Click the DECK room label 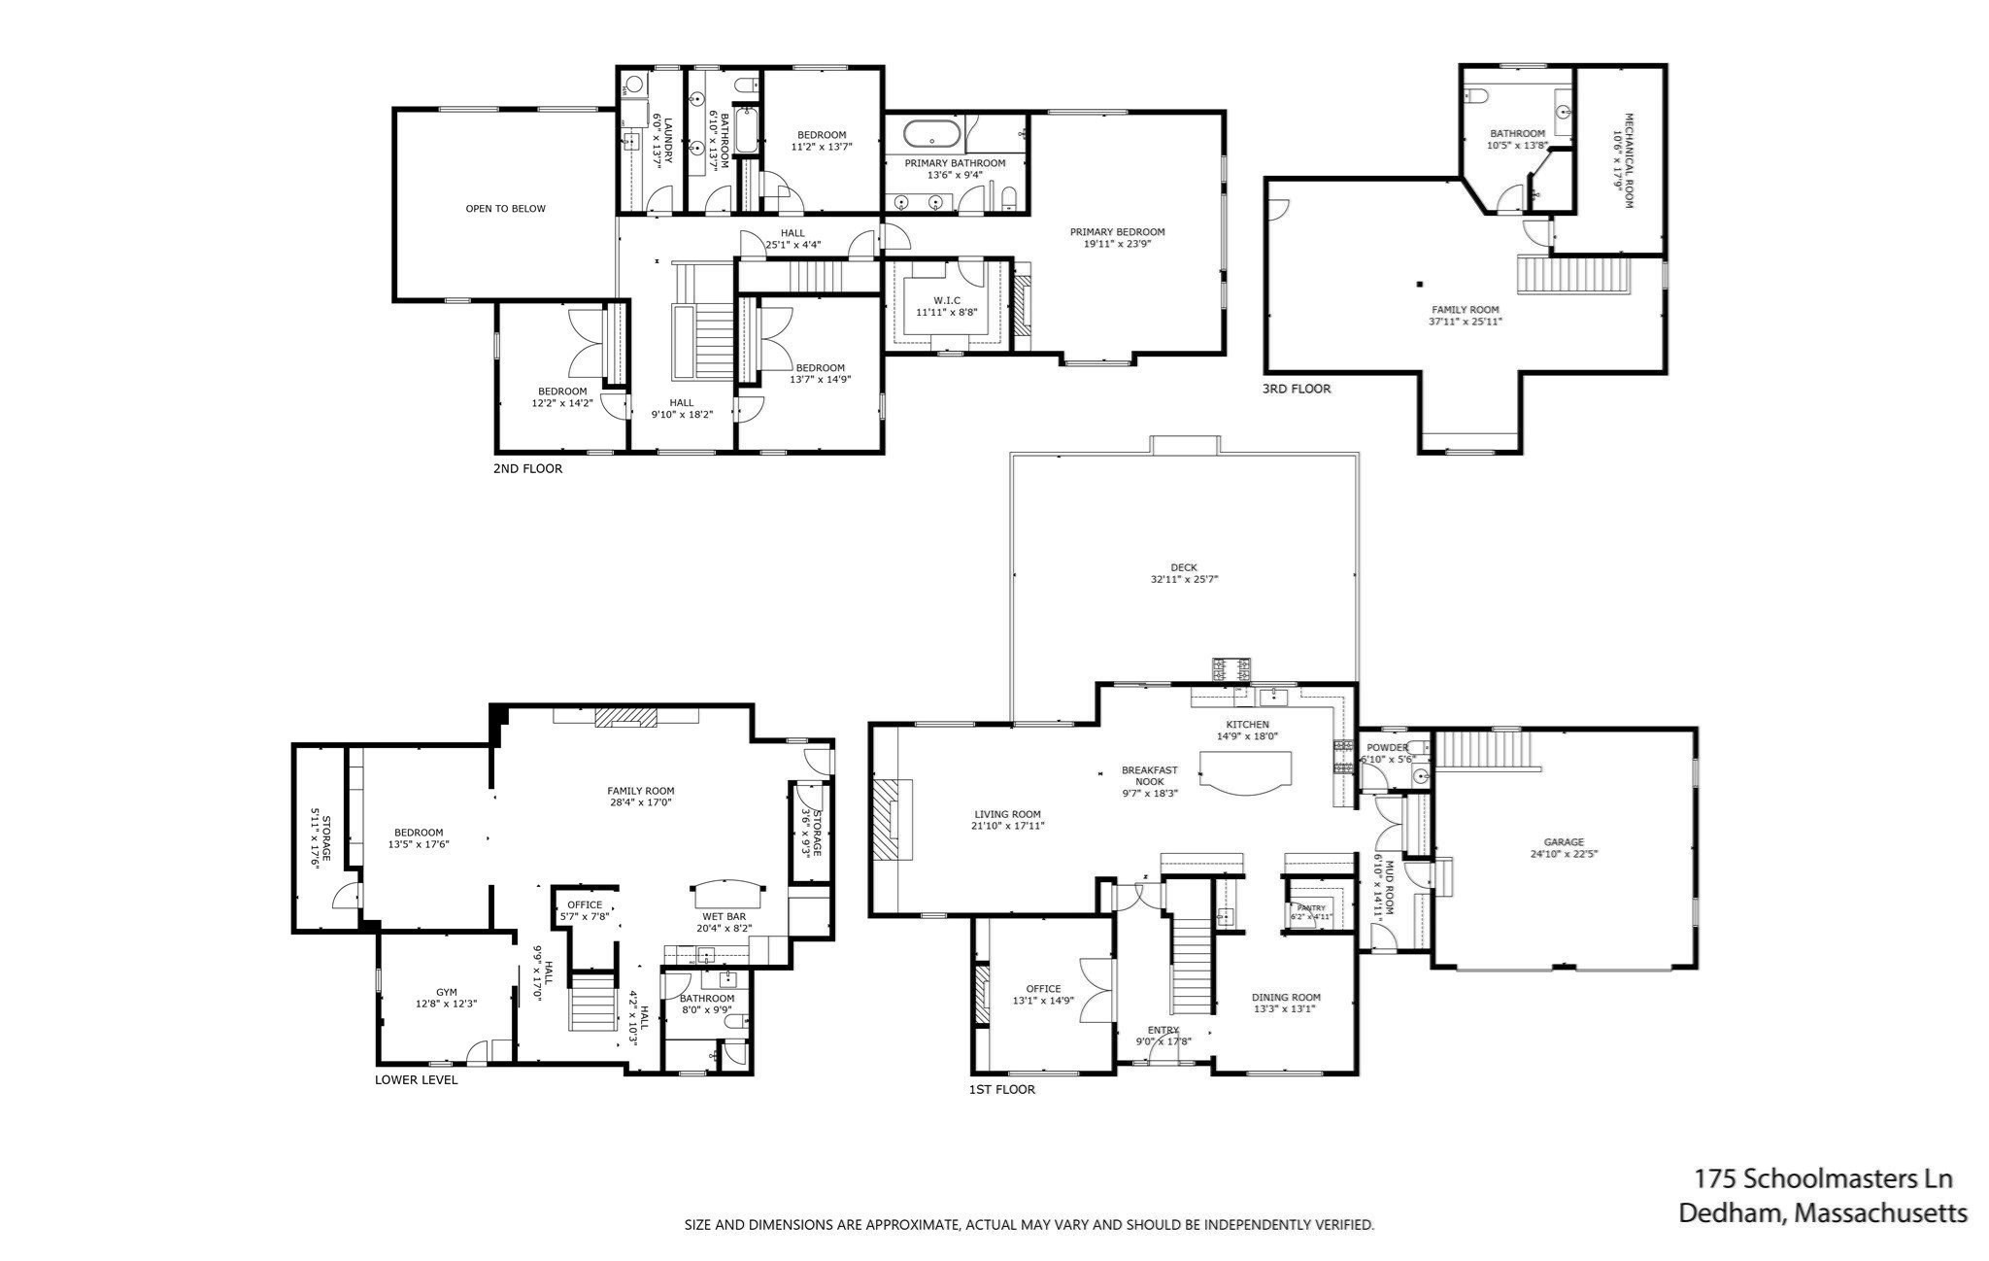[x=1183, y=567]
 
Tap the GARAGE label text [x=1564, y=842]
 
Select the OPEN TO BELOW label [x=505, y=208]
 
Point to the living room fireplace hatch [x=887, y=819]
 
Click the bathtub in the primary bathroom [x=932, y=133]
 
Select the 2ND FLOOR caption [x=527, y=468]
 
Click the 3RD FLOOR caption [x=1296, y=389]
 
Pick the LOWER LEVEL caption [x=416, y=1079]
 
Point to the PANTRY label [x=1310, y=908]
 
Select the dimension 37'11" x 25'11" [x=1466, y=322]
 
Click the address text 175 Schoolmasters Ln [x=1823, y=1178]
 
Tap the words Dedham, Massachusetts [x=1823, y=1213]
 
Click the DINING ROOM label [x=1285, y=997]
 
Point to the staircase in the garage [x=1483, y=750]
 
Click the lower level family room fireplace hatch [x=625, y=717]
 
